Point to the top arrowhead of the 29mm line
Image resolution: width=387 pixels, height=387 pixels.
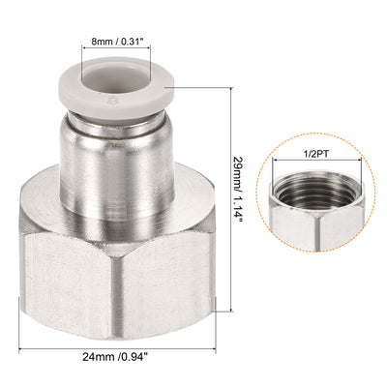coord(231,85)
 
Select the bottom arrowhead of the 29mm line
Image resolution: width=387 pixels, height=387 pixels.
coord(231,312)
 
